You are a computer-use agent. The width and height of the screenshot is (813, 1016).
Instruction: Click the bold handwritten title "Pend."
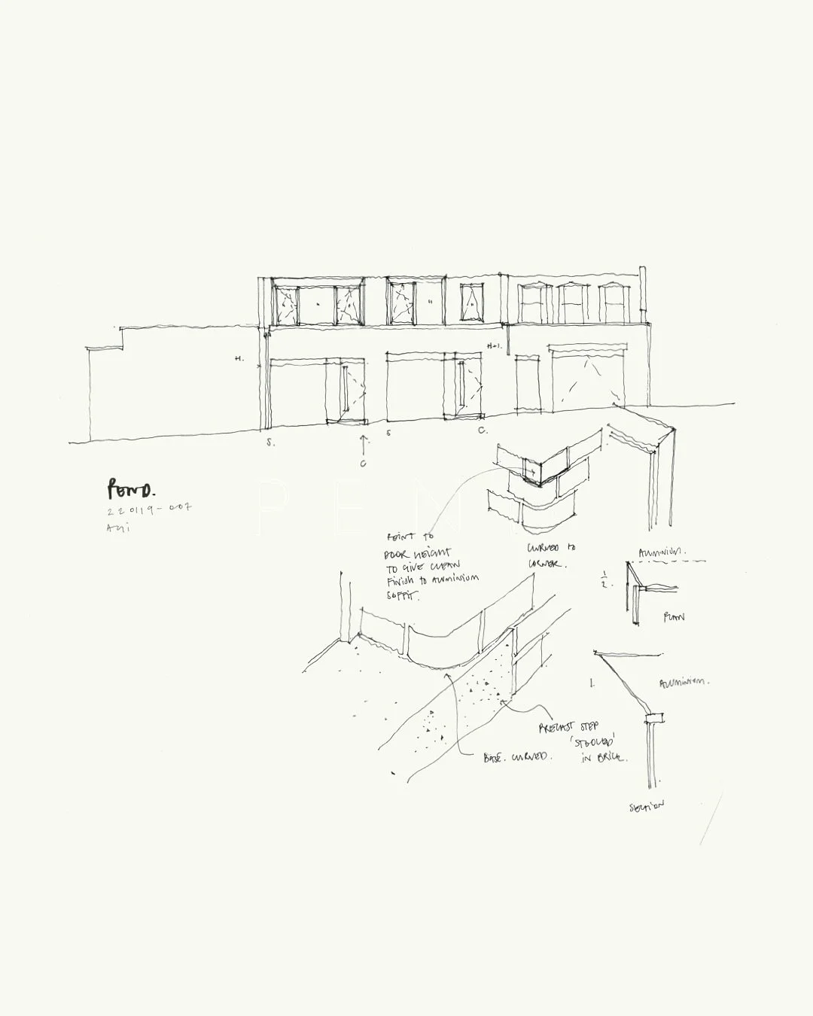click(x=130, y=490)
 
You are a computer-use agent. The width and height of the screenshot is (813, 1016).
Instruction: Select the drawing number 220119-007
click(x=149, y=510)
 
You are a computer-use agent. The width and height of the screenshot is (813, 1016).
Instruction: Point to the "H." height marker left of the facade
click(x=239, y=359)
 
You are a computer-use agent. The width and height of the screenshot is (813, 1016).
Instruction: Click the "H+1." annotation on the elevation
click(x=494, y=346)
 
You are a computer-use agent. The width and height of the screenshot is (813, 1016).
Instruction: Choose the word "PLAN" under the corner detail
click(x=673, y=617)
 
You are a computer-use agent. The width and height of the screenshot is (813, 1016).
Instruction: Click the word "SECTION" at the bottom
click(x=647, y=806)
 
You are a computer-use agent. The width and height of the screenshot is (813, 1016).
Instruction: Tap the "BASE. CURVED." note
click(x=517, y=757)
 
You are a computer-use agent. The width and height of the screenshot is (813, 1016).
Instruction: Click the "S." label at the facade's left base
click(x=270, y=443)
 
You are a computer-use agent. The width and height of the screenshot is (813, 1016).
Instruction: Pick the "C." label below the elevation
click(x=482, y=430)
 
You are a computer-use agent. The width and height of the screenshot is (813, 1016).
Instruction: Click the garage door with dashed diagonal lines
click(x=588, y=382)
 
